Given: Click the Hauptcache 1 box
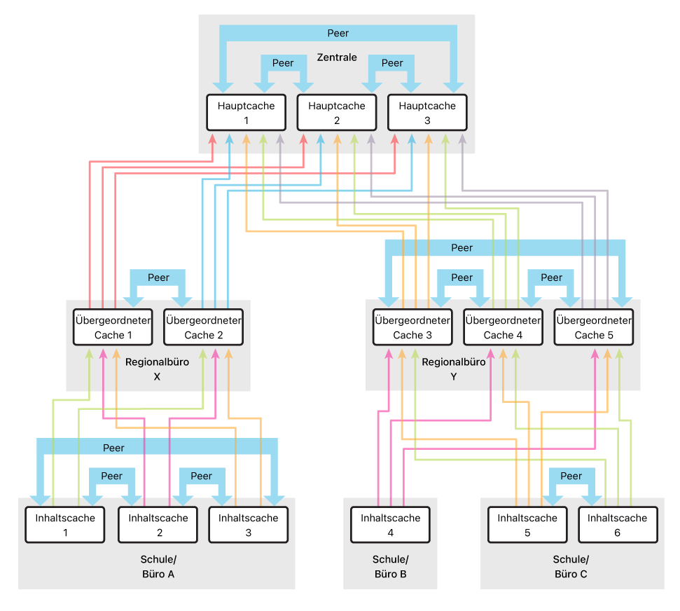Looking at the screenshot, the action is coord(247,112).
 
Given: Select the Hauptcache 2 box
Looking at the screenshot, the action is coord(337,112).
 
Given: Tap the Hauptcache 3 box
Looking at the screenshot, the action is coord(428,112).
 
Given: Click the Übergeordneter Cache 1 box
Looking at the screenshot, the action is coord(113,327).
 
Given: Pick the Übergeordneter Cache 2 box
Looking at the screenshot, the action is coord(203,327).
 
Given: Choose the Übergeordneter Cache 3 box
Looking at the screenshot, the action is coord(412,327).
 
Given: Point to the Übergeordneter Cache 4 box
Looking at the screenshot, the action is coord(503,327).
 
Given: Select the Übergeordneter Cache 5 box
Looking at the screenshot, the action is coord(594,327).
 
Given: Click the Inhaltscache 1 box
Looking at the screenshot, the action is coord(65,525).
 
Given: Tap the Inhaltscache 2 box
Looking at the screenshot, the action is coord(158,525).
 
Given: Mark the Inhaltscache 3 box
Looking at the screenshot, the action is coord(249,525).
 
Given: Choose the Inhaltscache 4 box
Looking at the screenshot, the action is coord(390,525).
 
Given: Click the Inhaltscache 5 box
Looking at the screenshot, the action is coord(527,525).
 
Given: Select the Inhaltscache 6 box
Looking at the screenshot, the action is coord(618,525).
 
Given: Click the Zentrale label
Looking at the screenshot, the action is coord(337,57).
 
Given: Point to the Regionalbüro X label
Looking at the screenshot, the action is coord(157,369).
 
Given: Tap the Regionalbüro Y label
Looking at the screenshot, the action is coord(454,369).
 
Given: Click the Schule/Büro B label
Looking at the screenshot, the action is coord(390,567).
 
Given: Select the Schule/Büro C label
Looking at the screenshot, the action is coord(571,567).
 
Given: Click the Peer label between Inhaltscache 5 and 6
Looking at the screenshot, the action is coord(571,476).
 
